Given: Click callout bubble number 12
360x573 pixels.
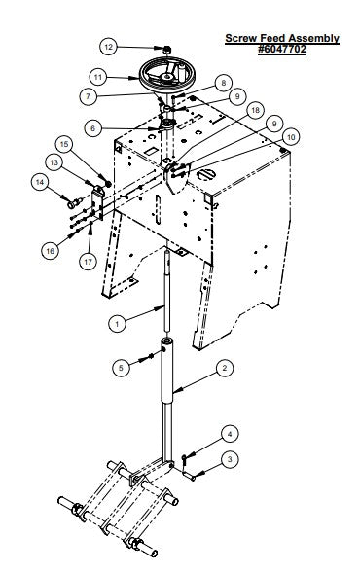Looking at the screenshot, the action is click(x=109, y=47).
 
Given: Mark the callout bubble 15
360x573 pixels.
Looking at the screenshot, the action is click(x=64, y=144).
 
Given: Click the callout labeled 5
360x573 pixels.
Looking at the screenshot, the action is click(x=121, y=367).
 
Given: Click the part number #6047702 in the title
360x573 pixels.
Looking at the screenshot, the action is click(x=282, y=49).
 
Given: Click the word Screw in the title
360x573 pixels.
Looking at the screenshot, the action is click(x=239, y=38).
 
